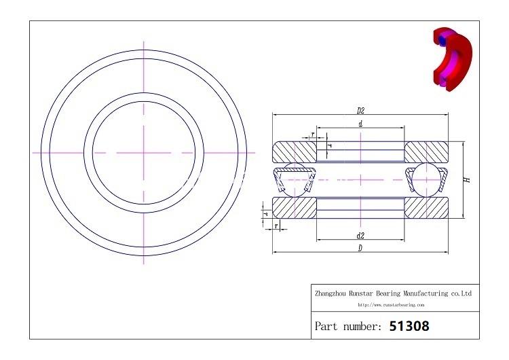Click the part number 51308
(409, 326)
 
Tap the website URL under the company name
(392, 305)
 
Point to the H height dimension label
(467, 180)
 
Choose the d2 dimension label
(360, 235)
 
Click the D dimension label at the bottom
(360, 249)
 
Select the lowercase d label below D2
(360, 124)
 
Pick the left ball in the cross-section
(295, 179)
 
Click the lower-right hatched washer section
(427, 207)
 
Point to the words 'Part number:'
(348, 327)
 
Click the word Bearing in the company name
(384, 293)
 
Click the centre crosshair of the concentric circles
(144, 153)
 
